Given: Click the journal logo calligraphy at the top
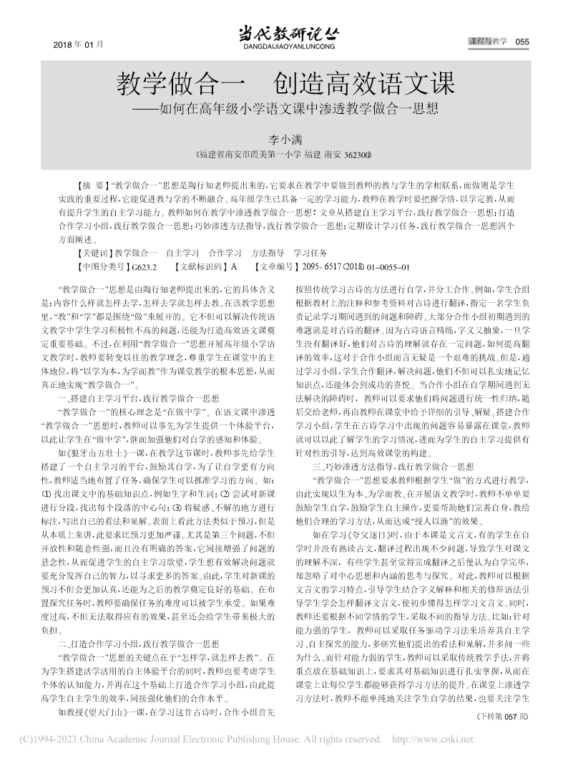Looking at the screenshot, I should coord(284,32).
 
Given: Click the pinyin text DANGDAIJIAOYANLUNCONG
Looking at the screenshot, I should coord(284,47).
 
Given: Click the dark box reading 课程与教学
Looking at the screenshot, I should coord(488,42).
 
